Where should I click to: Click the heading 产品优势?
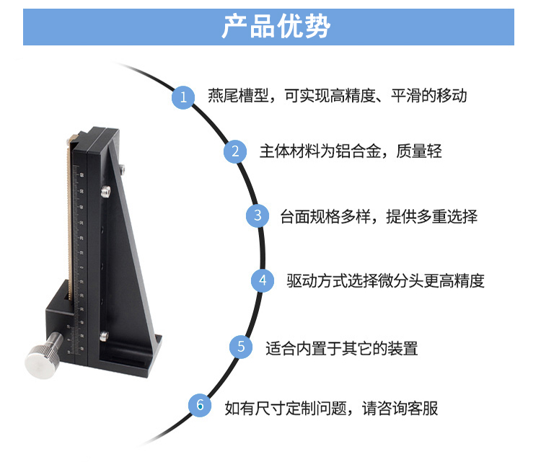(x=276, y=27)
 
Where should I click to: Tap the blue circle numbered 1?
(x=183, y=97)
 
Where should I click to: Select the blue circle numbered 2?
(x=235, y=151)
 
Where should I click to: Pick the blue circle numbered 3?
(x=258, y=216)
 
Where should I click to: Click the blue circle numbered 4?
(x=263, y=280)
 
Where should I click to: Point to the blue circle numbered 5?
(x=241, y=347)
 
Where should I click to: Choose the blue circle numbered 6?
(x=200, y=405)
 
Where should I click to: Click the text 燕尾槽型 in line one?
(x=238, y=96)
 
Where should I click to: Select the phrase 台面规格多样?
(x=325, y=217)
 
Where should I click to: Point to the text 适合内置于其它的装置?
(x=342, y=349)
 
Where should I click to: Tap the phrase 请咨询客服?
(x=400, y=409)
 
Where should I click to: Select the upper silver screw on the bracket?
(x=106, y=191)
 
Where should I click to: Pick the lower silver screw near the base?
(x=103, y=335)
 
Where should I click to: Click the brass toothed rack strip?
(x=69, y=221)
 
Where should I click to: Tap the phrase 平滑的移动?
(x=429, y=96)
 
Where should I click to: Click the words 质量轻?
(x=419, y=151)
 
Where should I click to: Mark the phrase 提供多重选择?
(x=431, y=217)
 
